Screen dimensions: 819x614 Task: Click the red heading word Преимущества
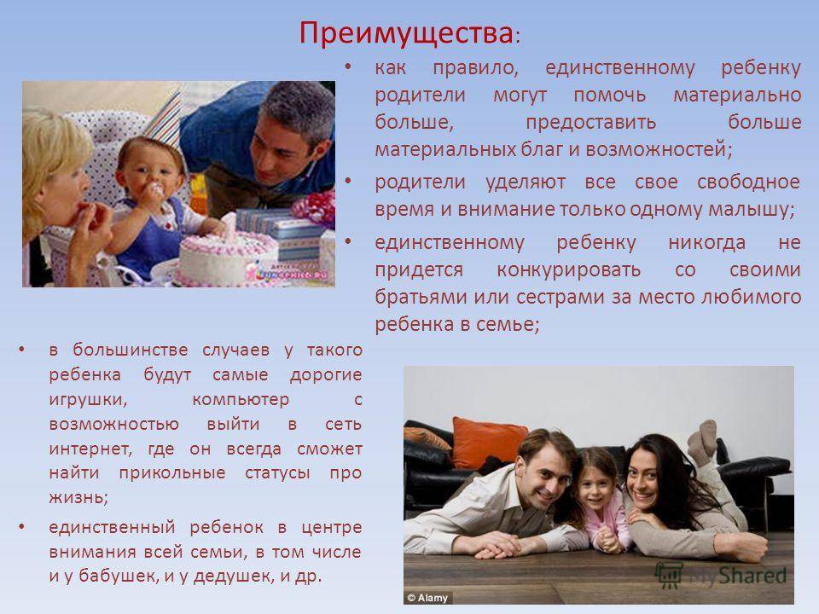(406, 34)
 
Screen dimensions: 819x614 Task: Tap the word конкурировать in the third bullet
(568, 269)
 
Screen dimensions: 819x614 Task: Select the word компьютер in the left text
(241, 399)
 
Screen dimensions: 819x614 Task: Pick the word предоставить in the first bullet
(590, 122)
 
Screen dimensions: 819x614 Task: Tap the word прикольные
(172, 473)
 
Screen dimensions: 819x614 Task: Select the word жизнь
(78, 497)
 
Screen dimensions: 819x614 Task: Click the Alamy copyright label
(427, 598)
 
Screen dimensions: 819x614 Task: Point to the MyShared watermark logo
(721, 576)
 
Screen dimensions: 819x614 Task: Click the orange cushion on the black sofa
(488, 442)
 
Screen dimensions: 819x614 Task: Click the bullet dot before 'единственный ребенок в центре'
(21, 526)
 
